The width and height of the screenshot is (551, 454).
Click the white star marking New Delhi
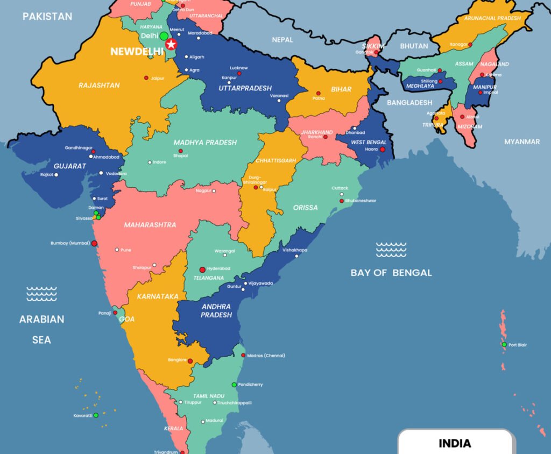(172, 44)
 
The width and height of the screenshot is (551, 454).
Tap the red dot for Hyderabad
(202, 269)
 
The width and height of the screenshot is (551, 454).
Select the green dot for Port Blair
(504, 344)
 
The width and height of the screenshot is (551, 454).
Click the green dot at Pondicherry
(234, 385)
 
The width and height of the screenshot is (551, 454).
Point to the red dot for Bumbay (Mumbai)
(94, 243)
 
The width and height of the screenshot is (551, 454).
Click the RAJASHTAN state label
(99, 86)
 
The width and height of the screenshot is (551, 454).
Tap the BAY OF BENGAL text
(391, 273)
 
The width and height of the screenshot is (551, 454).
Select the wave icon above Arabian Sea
(41, 294)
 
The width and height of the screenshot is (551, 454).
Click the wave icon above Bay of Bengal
(391, 250)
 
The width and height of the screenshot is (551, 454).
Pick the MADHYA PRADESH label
(205, 143)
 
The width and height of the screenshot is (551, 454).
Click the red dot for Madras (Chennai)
(243, 356)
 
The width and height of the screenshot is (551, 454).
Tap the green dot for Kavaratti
(96, 415)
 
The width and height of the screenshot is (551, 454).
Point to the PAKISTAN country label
(47, 17)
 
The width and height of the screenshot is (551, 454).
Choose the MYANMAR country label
(521, 141)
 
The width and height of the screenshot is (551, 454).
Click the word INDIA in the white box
(455, 444)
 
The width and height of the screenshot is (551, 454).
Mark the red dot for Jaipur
(146, 78)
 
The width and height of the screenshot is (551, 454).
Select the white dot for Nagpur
(214, 191)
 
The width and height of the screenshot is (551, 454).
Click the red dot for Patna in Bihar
(318, 93)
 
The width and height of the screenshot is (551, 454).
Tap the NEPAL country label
(282, 40)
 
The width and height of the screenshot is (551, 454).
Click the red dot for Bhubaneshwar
(341, 201)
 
